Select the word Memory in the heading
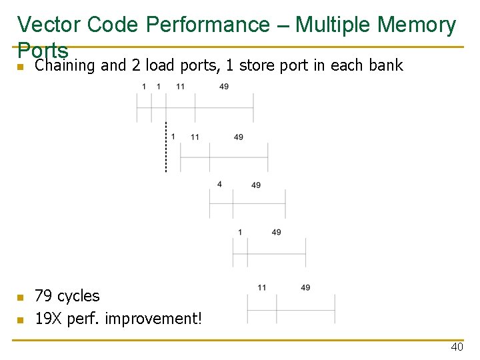point(415,25)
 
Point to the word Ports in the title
point(43,50)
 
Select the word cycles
point(79,296)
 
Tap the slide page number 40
point(457,347)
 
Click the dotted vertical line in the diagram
point(166,147)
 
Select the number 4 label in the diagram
point(219,184)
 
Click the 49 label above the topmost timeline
point(224,87)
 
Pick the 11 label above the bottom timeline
point(262,287)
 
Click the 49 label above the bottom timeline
point(305,287)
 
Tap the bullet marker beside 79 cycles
point(21,297)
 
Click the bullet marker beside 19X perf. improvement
point(21,320)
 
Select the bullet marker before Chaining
point(21,67)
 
